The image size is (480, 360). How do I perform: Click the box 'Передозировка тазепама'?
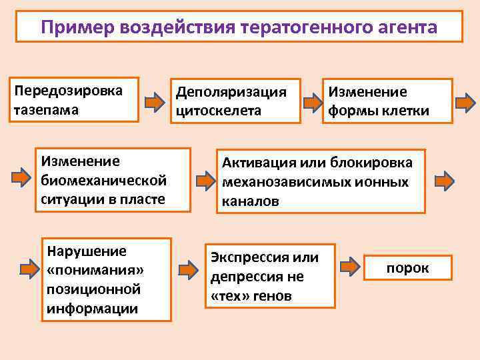(75, 100)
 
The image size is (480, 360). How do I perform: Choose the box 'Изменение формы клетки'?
(387, 101)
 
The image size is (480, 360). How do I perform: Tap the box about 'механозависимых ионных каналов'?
(320, 181)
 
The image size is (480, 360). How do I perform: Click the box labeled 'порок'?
(407, 268)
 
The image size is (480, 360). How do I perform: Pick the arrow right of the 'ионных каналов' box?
(444, 181)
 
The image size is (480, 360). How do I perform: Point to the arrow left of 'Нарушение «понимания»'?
(29, 270)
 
